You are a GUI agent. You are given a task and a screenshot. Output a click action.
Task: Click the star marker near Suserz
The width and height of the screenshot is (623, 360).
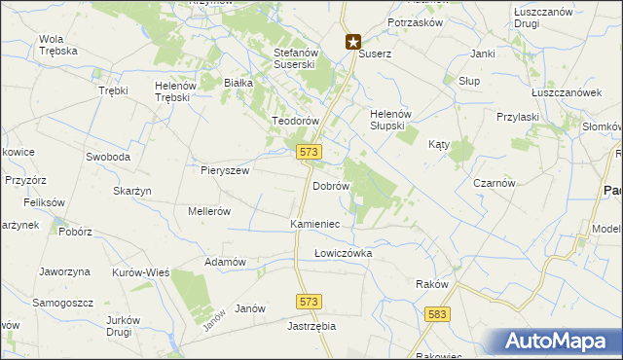[x=353, y=42]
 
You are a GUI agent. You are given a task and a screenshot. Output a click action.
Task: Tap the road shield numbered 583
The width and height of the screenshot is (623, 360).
[x=437, y=314]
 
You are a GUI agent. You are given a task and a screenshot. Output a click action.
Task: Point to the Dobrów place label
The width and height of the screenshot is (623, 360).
[x=331, y=185]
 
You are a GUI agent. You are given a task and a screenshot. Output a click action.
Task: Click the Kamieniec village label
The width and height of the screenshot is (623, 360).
[x=314, y=224]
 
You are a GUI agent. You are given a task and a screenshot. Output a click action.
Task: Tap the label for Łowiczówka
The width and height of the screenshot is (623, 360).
[x=343, y=253]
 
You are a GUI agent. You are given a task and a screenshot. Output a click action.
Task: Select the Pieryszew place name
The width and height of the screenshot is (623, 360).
[x=225, y=170]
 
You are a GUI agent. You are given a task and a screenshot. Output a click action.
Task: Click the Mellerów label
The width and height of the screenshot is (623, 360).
[x=208, y=211]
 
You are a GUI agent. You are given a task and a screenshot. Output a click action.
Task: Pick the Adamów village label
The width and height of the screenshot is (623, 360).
[x=224, y=263]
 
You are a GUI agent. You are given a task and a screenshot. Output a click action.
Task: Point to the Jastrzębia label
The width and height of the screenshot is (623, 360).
[x=311, y=327]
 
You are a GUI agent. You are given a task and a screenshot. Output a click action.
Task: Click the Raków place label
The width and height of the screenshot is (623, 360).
[x=431, y=284]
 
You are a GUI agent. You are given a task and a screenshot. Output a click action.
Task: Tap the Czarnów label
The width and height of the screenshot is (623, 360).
[x=494, y=183]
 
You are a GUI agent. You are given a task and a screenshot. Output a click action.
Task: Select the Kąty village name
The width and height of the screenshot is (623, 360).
[x=439, y=144]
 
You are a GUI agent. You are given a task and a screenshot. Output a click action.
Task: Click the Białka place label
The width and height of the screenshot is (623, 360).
[x=238, y=84]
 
